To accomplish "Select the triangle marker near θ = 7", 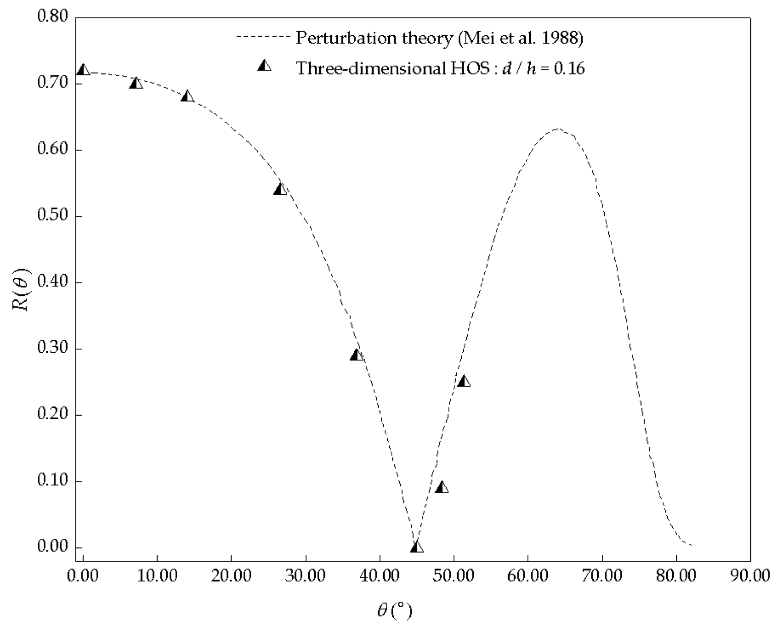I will (x=136, y=83).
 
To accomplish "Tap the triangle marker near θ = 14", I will (x=187, y=96).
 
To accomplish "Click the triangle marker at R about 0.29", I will (x=357, y=355).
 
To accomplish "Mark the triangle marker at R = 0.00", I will (x=417, y=547).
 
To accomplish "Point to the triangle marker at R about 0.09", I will (x=442, y=487).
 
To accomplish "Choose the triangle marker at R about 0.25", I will (x=464, y=381).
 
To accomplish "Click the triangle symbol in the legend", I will (x=264, y=65).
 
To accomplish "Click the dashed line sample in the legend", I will (x=263, y=37).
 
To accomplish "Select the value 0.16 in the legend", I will (x=569, y=68).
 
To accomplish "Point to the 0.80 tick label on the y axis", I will (x=52, y=17).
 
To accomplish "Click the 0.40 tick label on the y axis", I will (x=52, y=282).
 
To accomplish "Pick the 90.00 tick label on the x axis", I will (x=750, y=575).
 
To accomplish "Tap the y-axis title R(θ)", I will (x=22, y=290).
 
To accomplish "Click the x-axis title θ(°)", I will (x=394, y=611).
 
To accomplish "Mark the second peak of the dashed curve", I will (x=557, y=129).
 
